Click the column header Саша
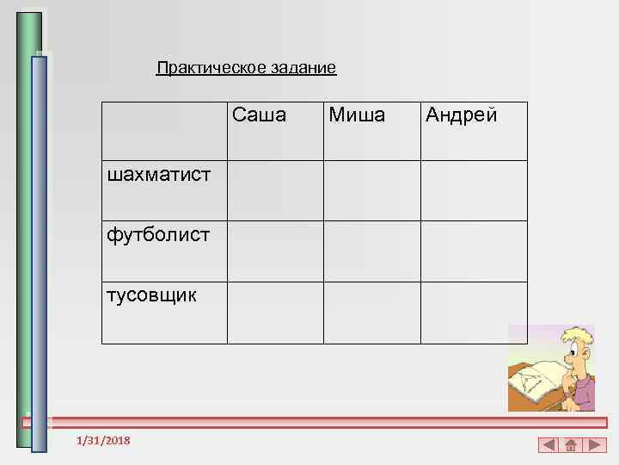pos(259,115)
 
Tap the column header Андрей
pos(461,115)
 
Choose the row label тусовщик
pos(151,295)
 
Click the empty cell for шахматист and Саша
pos(275,190)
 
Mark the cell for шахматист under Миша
pos(371,190)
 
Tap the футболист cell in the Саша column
pos(275,251)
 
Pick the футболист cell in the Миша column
pos(371,251)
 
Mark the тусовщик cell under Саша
pos(275,313)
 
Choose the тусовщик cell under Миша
pos(371,313)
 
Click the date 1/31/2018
pos(103,441)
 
